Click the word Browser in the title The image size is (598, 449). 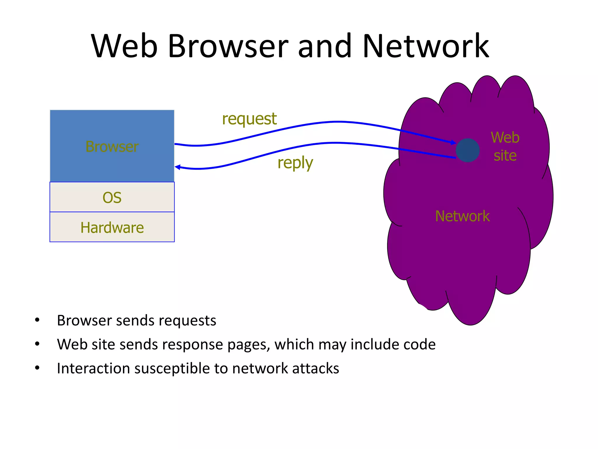click(x=228, y=46)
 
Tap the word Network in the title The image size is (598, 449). click(x=425, y=46)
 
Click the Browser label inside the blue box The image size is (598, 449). click(x=112, y=146)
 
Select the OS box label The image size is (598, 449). click(x=112, y=198)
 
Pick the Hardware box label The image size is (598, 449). click(x=112, y=227)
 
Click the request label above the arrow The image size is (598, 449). click(x=249, y=119)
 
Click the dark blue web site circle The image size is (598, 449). click(x=467, y=150)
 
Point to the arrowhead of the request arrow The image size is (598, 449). click(x=453, y=143)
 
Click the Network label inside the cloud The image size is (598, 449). click(x=462, y=216)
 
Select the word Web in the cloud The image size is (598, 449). click(x=505, y=137)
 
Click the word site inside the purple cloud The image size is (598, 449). click(x=505, y=156)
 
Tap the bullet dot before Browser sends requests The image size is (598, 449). click(x=37, y=320)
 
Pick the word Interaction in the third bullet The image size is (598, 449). click(x=93, y=368)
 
